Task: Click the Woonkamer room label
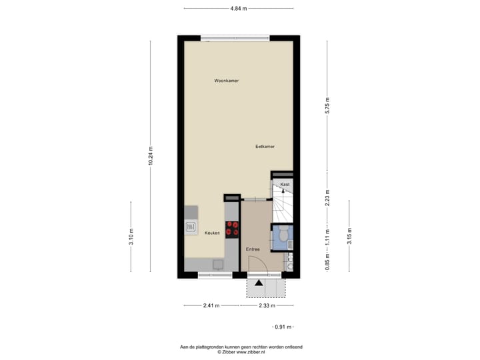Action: tap(226, 81)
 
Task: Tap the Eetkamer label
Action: tap(265, 147)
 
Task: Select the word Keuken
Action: tap(213, 233)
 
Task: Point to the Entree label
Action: tap(253, 249)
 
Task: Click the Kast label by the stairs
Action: tap(285, 184)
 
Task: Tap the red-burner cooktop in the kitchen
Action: tap(232, 229)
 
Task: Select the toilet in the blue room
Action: tap(283, 235)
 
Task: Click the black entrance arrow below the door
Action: tap(259, 282)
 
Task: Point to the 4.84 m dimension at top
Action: tap(238, 9)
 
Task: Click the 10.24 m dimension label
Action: tap(151, 155)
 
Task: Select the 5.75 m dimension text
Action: tap(327, 105)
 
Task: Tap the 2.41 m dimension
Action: tap(211, 305)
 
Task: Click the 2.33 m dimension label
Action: tap(267, 305)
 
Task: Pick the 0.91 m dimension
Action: tap(284, 327)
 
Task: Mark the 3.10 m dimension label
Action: tap(131, 236)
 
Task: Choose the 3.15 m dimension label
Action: tap(349, 236)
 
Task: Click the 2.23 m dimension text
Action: tap(327, 198)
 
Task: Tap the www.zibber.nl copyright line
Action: tap(241, 351)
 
